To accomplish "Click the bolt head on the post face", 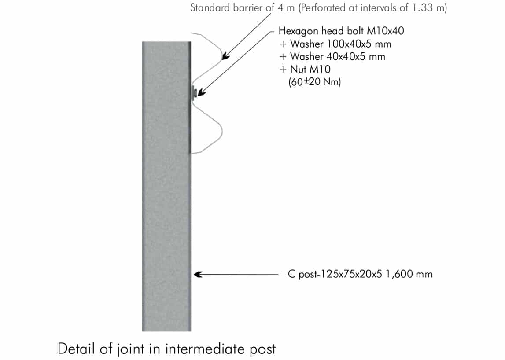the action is pyautogui.click(x=194, y=93).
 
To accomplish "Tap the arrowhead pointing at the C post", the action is pyautogui.click(x=198, y=274).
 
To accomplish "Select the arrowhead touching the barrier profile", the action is pyautogui.click(x=225, y=55).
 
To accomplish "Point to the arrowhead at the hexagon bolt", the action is pyautogui.click(x=201, y=92).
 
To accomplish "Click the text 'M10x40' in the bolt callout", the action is pyautogui.click(x=386, y=31).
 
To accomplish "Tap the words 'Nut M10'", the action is pyautogui.click(x=310, y=69).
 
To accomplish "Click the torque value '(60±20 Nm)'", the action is pyautogui.click(x=315, y=82).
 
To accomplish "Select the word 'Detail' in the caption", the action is pyautogui.click(x=76, y=349).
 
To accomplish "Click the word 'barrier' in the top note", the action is pyautogui.click(x=248, y=8).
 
